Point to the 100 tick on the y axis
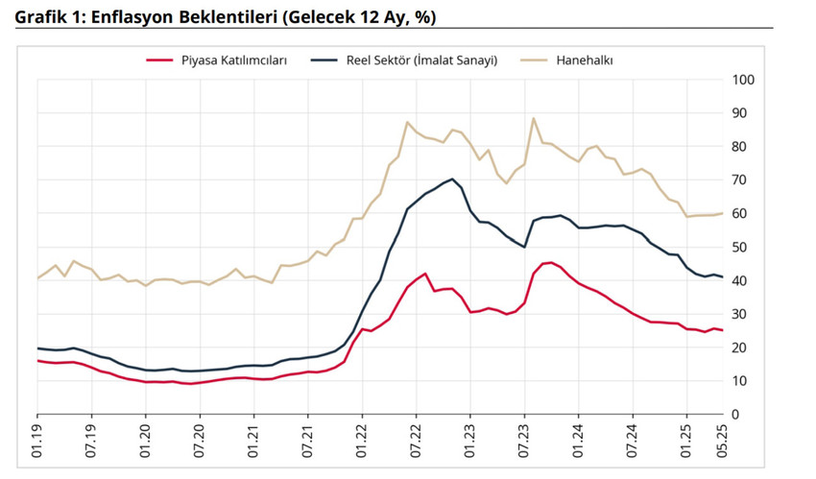click(x=744, y=80)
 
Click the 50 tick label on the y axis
click(x=741, y=248)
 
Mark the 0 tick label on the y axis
click(x=737, y=415)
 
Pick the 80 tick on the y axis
click(x=741, y=147)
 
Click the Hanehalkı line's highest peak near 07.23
click(x=534, y=118)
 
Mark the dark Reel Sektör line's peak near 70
click(x=452, y=179)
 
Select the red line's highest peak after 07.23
click(x=549, y=262)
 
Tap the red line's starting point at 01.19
click(x=37, y=361)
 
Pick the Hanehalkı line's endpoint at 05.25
click(x=723, y=213)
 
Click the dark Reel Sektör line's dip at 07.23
click(x=524, y=247)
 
